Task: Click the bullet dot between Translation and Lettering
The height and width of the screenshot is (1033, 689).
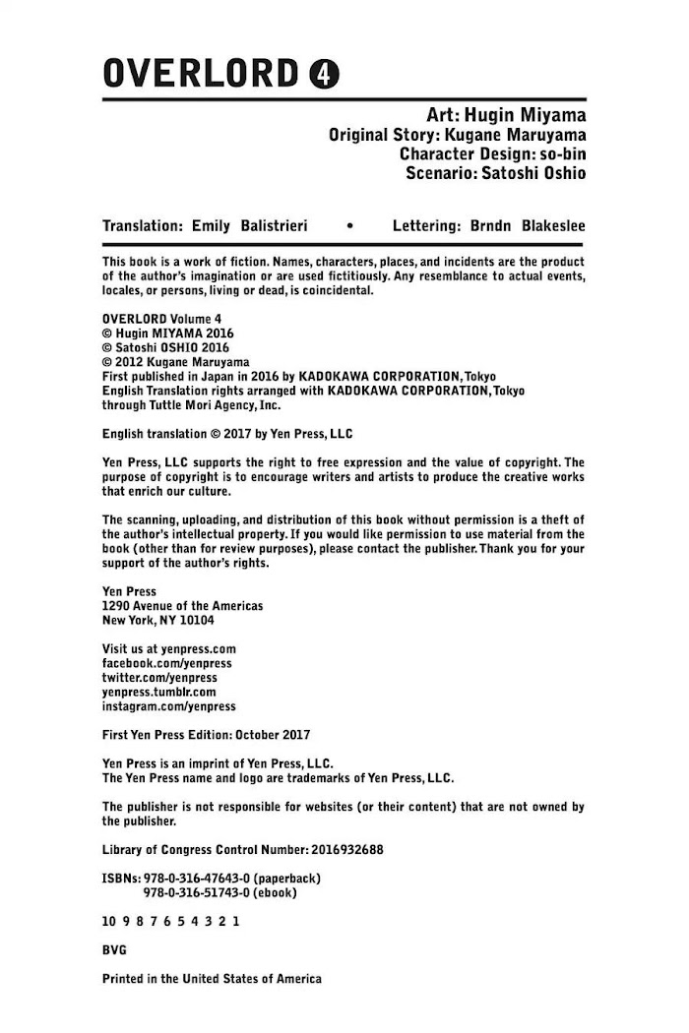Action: pos(351,226)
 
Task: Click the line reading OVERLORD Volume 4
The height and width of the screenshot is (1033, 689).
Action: pos(162,320)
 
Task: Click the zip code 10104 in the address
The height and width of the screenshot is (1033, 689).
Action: pos(194,621)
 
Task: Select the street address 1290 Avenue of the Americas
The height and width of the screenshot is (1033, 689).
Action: pos(182,606)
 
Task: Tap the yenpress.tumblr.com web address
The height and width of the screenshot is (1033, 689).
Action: pos(159,692)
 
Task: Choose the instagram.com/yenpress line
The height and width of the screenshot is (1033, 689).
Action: pos(169,706)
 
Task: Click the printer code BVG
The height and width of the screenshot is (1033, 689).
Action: pos(114,950)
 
